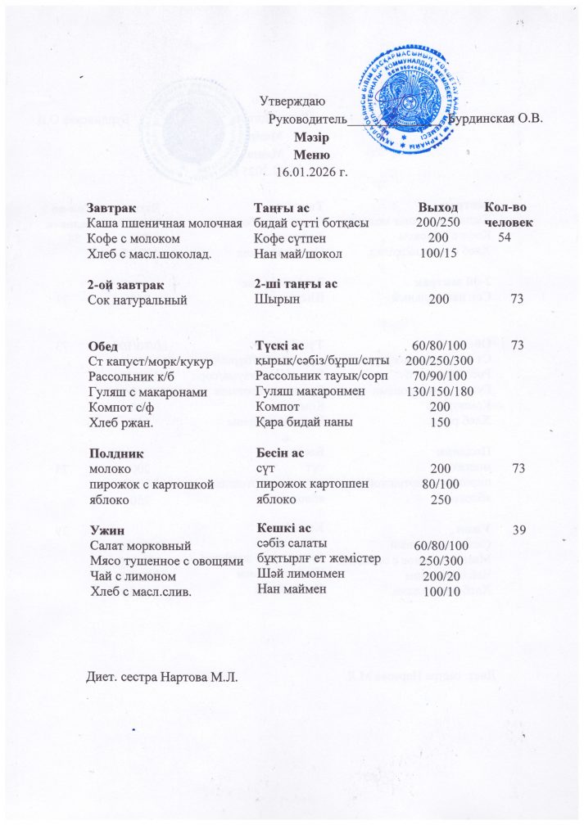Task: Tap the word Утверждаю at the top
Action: pos(292,102)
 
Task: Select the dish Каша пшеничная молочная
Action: pos(164,223)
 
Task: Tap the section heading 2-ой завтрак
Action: pos(123,285)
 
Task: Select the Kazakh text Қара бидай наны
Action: pos(304,422)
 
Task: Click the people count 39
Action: pos(517,530)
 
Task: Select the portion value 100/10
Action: pos(439,591)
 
